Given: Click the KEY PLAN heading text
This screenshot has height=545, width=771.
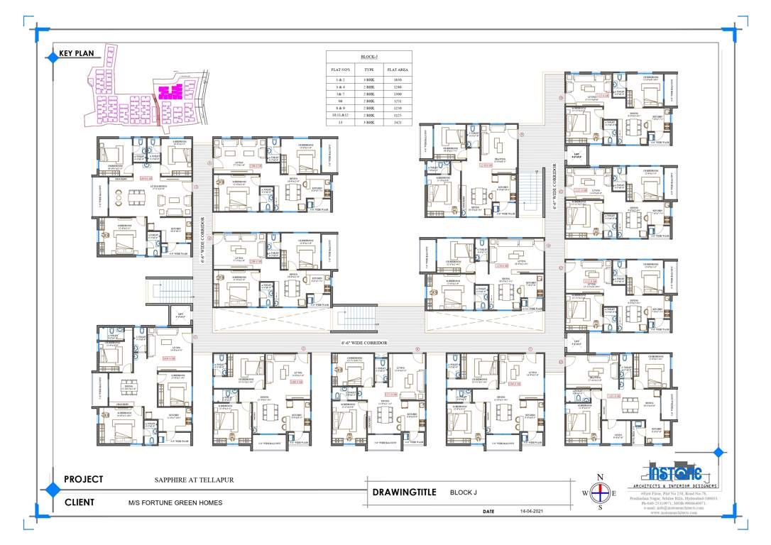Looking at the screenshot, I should click(x=77, y=53).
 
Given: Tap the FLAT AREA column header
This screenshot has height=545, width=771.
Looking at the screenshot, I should click(x=395, y=70).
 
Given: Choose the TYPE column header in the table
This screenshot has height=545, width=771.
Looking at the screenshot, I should click(x=368, y=70).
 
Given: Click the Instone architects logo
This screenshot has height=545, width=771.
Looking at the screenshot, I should click(x=674, y=473).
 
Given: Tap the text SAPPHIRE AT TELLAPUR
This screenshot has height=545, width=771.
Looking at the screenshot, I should click(x=194, y=480).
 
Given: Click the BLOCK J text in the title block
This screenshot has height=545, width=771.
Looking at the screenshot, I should click(x=464, y=492).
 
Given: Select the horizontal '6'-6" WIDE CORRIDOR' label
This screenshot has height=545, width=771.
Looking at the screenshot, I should click(x=365, y=343).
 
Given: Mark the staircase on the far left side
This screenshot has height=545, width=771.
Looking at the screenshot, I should click(x=168, y=289).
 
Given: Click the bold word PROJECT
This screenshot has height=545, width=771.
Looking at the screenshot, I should click(x=84, y=479).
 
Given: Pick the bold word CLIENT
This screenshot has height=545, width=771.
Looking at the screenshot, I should click(x=80, y=502).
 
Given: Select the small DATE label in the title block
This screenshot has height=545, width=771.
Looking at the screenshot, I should click(x=488, y=511).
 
